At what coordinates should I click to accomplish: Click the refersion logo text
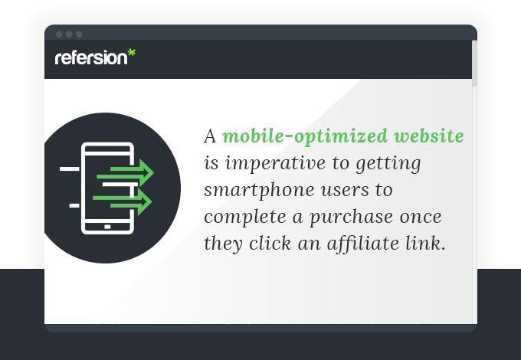click(x=91, y=57)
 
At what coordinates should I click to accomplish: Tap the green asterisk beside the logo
click(x=132, y=53)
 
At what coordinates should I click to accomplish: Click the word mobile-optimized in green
click(x=305, y=136)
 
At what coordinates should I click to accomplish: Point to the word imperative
click(x=275, y=164)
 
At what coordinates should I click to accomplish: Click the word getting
click(x=388, y=164)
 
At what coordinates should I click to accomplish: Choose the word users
click(x=345, y=191)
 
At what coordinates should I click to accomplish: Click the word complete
click(x=245, y=218)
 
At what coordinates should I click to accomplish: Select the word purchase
click(x=351, y=218)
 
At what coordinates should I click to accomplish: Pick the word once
click(x=421, y=218)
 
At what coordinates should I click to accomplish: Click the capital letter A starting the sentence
click(x=210, y=136)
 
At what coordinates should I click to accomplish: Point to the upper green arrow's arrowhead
click(x=146, y=172)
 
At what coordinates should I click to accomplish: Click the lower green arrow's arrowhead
click(x=145, y=201)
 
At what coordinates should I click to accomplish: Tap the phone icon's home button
click(x=107, y=227)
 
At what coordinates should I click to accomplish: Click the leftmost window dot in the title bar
click(x=60, y=34)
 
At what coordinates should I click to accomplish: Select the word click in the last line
click(x=270, y=243)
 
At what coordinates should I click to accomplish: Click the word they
click(x=223, y=244)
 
